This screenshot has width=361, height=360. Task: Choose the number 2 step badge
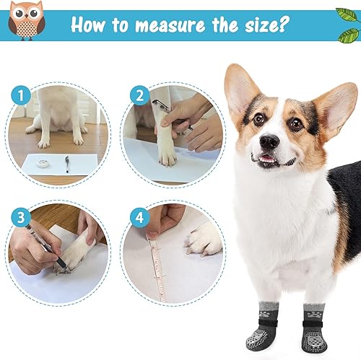(138, 96)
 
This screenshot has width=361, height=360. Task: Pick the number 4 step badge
(138, 216)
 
